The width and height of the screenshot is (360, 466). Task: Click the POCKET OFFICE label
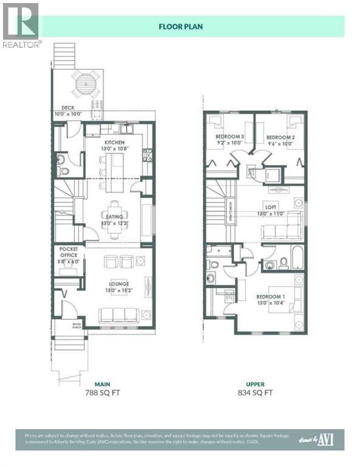68,252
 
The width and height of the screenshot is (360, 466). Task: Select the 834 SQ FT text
256,393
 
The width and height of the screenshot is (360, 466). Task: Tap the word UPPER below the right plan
256,383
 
